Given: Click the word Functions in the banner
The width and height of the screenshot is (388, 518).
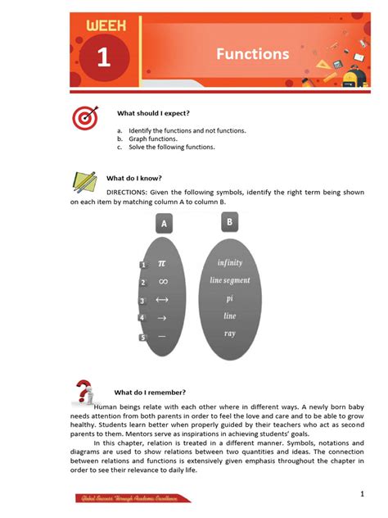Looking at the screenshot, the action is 252,55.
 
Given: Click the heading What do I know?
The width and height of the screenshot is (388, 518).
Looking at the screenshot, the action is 134,177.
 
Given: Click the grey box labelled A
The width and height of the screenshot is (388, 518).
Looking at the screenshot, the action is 164,223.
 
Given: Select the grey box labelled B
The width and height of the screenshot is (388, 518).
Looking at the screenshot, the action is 230,221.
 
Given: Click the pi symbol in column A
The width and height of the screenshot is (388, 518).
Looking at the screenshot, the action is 162,263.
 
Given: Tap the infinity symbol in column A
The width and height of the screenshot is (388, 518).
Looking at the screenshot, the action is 162,281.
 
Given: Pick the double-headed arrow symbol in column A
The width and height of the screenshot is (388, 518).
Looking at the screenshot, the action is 162,300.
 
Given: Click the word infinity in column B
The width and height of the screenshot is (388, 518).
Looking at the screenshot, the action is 230,263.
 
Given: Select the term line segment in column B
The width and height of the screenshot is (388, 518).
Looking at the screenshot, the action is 230,280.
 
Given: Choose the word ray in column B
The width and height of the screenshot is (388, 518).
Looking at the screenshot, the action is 230,333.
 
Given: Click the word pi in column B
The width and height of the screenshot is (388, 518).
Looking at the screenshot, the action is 230,298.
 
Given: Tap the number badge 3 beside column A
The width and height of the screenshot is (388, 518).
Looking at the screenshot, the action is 142,301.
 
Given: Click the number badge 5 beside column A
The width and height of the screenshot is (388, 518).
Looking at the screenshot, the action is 142,337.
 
